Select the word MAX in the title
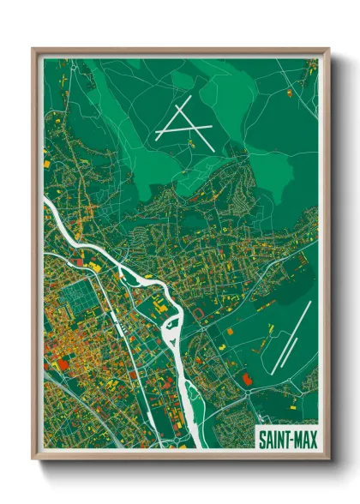303,438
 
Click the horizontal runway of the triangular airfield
183,130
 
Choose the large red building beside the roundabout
248,378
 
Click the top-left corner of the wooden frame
33,49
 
